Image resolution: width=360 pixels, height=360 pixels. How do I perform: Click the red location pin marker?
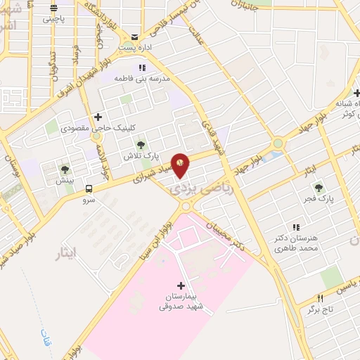[181, 165]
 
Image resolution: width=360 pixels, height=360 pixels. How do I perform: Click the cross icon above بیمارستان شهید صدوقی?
[181, 286]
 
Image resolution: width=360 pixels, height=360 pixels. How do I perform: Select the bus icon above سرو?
[89, 188]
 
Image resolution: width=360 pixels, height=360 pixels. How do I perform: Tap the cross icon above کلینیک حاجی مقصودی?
[98, 117]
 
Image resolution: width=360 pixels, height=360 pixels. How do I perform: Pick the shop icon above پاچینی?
[55, 9]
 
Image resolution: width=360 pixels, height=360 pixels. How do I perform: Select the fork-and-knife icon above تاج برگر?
[321, 298]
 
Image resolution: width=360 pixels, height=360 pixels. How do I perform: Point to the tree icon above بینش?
[65, 169]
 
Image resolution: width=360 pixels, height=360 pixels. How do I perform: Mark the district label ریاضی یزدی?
[188, 188]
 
